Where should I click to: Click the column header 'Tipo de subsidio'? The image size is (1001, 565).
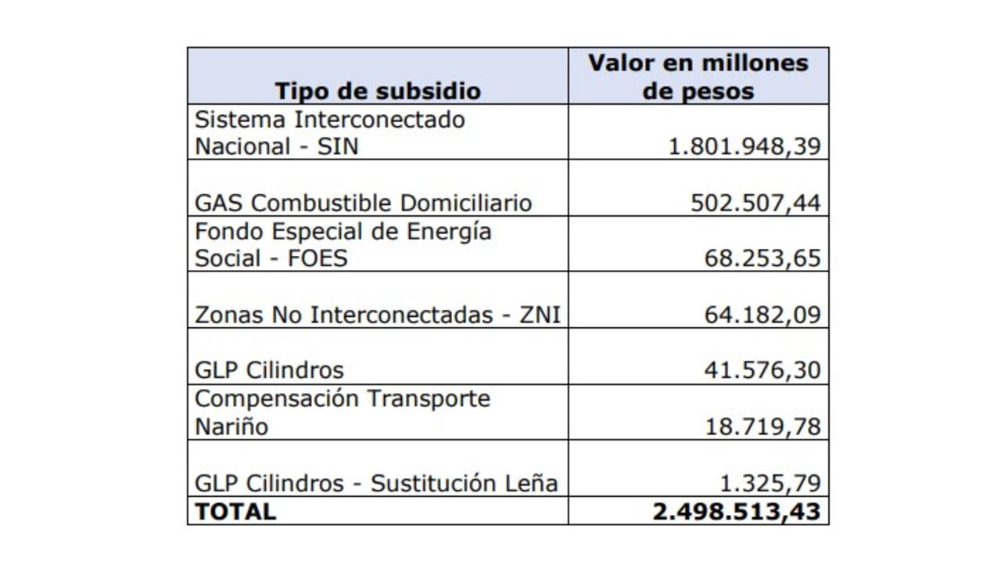[377, 91]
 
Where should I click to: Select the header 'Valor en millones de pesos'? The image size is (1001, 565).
[698, 76]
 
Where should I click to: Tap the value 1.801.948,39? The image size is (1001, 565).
[744, 147]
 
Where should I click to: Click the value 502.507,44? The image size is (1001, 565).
[755, 203]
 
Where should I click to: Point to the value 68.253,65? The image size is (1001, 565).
[762, 259]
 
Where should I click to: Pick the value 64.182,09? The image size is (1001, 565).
[762, 315]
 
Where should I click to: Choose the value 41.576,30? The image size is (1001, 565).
[762, 370]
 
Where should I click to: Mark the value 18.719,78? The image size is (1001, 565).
[762, 426]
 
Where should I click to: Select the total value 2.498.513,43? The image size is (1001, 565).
[736, 512]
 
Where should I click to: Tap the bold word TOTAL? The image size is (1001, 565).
[235, 512]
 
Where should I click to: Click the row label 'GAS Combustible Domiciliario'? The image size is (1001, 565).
[363, 203]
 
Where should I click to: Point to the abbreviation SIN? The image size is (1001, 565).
[337, 147]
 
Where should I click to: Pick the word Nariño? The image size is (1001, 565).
[231, 426]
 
